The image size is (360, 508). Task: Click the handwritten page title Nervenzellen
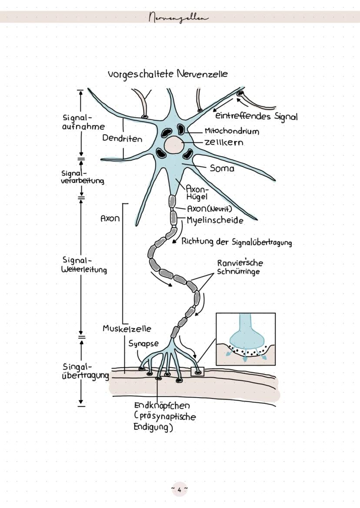(x=178, y=17)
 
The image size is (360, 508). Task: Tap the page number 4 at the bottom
(x=180, y=488)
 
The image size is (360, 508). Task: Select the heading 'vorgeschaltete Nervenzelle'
(x=168, y=74)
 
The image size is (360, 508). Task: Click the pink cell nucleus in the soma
(x=174, y=144)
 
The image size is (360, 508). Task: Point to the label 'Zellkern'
(x=224, y=143)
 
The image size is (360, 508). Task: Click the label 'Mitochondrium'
(x=232, y=131)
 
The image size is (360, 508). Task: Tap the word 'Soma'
(x=222, y=168)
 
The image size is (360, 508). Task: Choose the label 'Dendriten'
(x=122, y=139)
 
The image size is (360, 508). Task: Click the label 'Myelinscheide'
(x=215, y=220)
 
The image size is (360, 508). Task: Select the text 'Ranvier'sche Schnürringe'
(x=240, y=267)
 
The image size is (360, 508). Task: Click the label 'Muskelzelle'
(x=127, y=329)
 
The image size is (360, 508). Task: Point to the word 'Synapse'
(x=143, y=343)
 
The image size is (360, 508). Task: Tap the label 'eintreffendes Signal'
(x=257, y=116)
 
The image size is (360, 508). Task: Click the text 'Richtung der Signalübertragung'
(x=237, y=242)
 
